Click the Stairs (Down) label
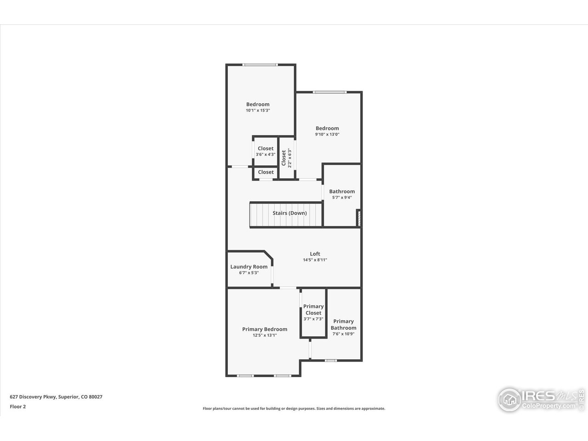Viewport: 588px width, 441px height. click(289, 213)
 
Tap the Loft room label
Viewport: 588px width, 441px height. click(315, 254)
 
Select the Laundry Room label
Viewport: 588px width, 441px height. click(249, 267)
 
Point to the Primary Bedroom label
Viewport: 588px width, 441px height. click(265, 329)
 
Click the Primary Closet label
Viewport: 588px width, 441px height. click(313, 310)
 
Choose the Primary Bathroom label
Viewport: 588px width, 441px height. click(343, 324)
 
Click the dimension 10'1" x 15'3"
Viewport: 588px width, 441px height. click(258, 110)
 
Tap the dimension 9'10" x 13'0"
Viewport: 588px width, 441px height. click(327, 134)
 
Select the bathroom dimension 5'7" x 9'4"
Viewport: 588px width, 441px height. click(342, 198)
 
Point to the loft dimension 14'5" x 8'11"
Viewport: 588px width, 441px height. click(315, 260)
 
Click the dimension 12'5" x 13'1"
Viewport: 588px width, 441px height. click(265, 335)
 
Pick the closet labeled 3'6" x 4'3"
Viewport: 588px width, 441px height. click(266, 152)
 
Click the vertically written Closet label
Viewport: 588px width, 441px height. click(284, 158)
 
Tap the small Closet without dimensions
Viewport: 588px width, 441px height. click(266, 172)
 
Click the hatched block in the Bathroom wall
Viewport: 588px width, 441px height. click(358, 218)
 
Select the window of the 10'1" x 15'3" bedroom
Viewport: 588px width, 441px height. click(260, 65)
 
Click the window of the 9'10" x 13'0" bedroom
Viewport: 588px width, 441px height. click(329, 92)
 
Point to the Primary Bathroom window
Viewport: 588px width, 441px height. click(330, 361)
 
